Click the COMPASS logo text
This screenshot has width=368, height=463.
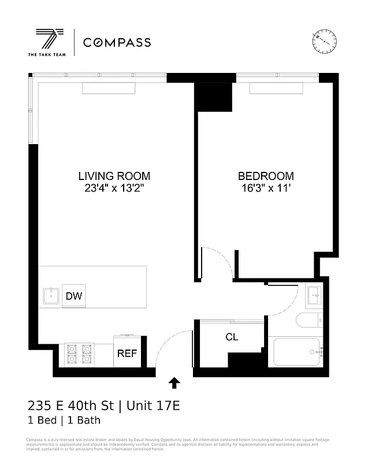pos(117,42)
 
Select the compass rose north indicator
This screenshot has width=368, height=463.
pos(324,39)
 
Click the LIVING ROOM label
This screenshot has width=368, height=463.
pos(114,176)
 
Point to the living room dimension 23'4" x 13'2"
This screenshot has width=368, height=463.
pos(114,188)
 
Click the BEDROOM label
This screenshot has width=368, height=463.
pos(266,176)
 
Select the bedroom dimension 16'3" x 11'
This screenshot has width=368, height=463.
pos(266,188)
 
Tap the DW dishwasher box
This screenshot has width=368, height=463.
pos(73,296)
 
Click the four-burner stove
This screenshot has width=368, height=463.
pos(80,354)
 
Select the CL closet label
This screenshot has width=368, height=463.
pos(232,337)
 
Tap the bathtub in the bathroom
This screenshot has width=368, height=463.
pos(296,352)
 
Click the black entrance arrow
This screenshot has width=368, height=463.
pos(174,383)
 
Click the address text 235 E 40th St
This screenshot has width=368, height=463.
pos(70,406)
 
